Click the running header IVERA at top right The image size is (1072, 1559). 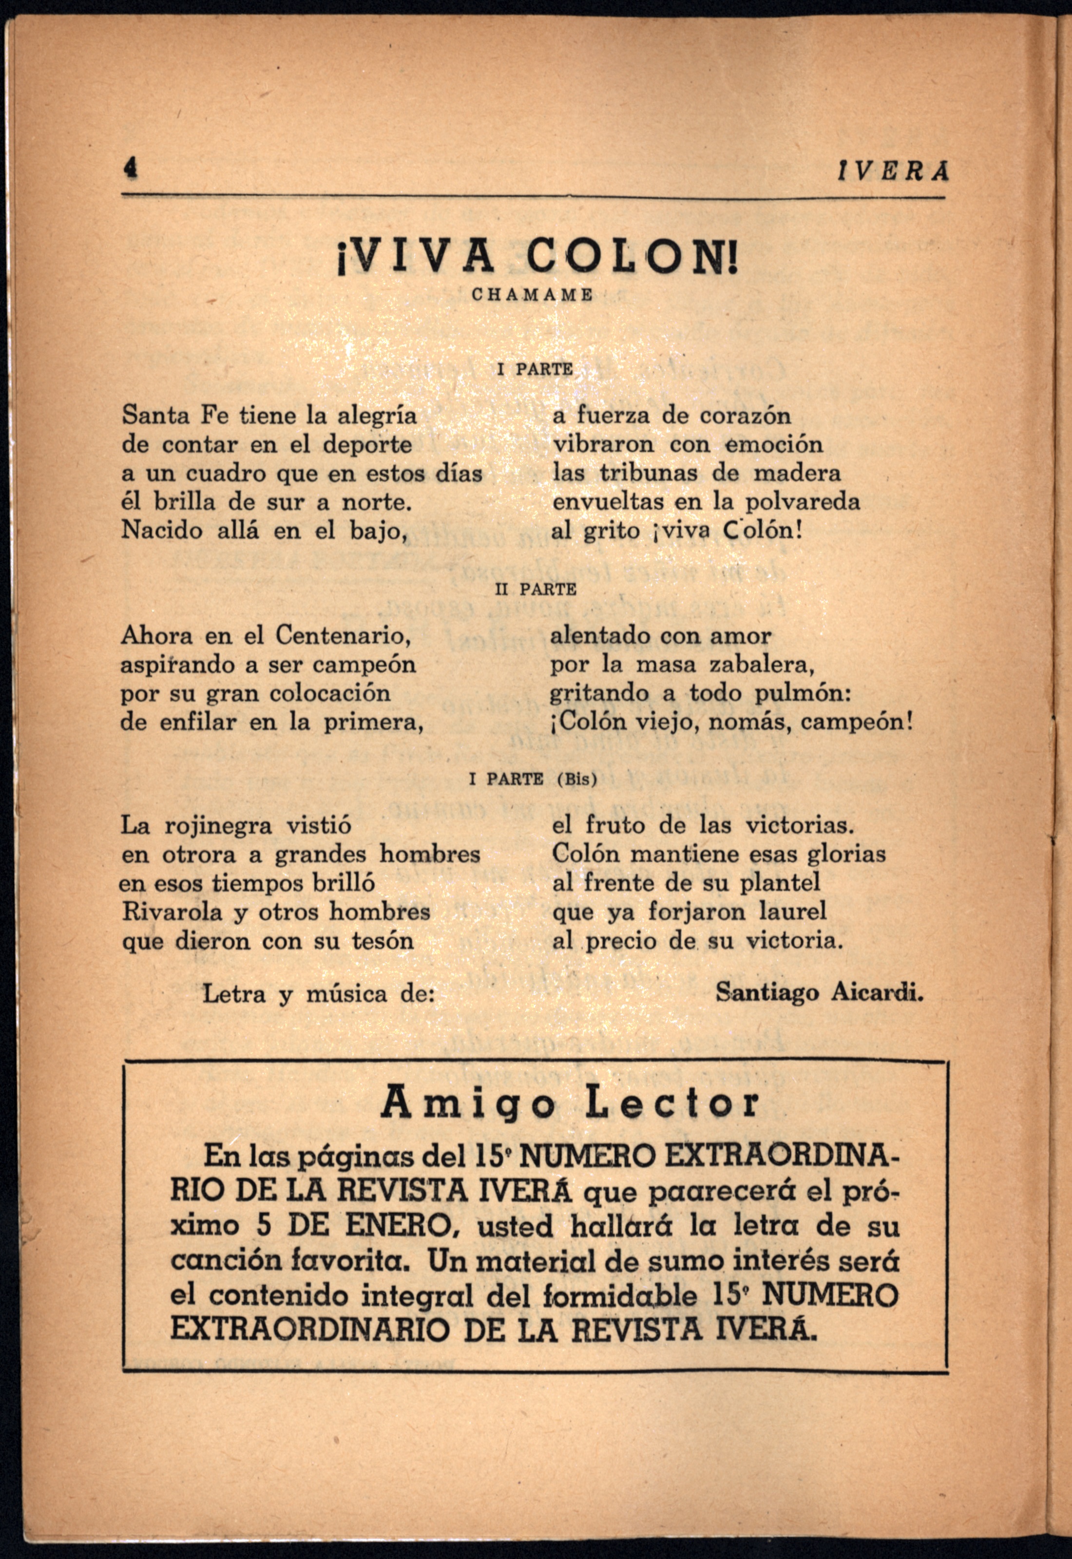pos(893,172)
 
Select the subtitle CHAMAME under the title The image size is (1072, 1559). pos(533,295)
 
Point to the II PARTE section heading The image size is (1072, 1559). pos(536,589)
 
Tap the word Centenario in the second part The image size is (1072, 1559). pos(343,635)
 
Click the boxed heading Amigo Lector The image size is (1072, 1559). pos(570,1103)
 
